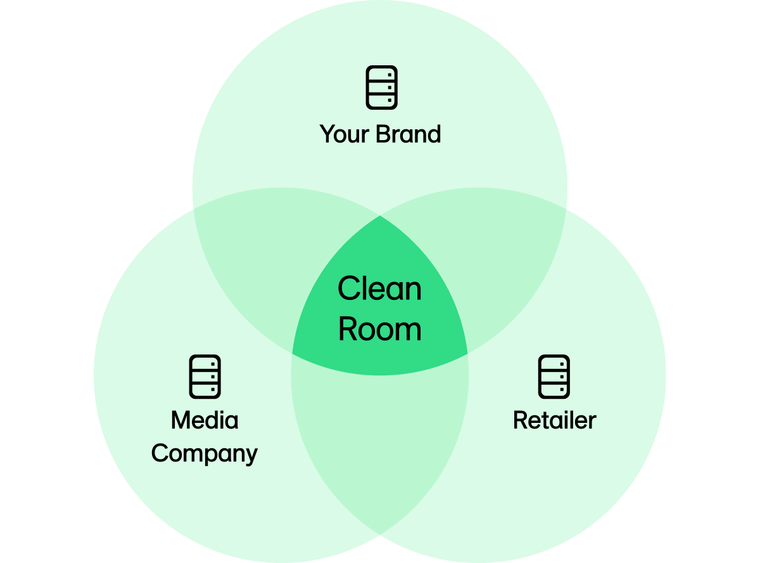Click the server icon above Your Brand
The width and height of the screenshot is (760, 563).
click(x=382, y=87)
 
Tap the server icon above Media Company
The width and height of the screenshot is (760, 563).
click(x=205, y=377)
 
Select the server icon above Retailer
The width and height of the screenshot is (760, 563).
click(x=554, y=377)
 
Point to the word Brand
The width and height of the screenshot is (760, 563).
click(x=408, y=134)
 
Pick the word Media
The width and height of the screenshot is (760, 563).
click(x=205, y=420)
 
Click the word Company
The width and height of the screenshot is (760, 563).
click(x=205, y=454)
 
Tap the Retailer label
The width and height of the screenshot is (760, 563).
click(x=554, y=420)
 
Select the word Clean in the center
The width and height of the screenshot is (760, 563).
click(x=379, y=289)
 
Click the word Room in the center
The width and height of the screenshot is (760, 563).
click(x=379, y=330)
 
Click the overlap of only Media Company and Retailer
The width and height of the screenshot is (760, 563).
click(x=380, y=444)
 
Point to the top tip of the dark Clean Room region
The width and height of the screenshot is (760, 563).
click(x=380, y=217)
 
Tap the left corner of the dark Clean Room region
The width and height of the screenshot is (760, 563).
click(x=293, y=353)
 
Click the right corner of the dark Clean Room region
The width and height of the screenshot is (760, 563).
click(x=467, y=353)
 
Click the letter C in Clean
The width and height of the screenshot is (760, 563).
click(x=348, y=289)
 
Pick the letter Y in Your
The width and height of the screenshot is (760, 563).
click(x=327, y=134)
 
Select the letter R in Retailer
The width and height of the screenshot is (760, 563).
click(x=520, y=420)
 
